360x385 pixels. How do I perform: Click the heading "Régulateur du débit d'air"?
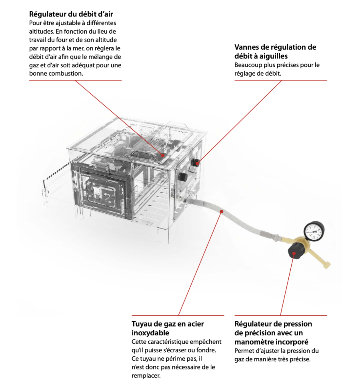click(71, 14)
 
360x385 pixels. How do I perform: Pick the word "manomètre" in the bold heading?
click(255, 342)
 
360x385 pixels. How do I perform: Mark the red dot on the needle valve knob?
click(197, 162)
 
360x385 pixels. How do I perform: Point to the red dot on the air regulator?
click(162, 154)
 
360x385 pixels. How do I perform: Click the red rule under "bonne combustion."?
click(75, 80)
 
